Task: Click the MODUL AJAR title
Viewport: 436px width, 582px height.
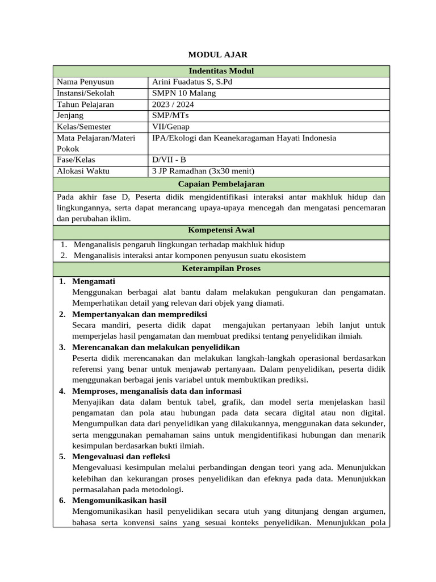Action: [218, 55]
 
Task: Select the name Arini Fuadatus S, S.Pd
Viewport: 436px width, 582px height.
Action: [192, 82]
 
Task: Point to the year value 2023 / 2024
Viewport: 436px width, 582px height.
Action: [173, 105]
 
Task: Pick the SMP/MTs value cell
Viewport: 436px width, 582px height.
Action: [171, 115]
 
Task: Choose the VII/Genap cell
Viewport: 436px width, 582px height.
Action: [171, 127]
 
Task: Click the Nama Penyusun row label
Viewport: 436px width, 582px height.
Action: [82, 82]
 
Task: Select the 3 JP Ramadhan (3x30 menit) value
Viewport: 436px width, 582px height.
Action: [203, 171]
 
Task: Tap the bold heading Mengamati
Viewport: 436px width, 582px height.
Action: [94, 281]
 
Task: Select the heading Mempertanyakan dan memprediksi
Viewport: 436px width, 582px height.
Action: [140, 314]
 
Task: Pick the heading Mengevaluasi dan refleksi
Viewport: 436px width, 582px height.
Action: [121, 456]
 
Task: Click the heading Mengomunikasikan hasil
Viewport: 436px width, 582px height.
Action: [119, 500]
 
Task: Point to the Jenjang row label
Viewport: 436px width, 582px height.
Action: [70, 115]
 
